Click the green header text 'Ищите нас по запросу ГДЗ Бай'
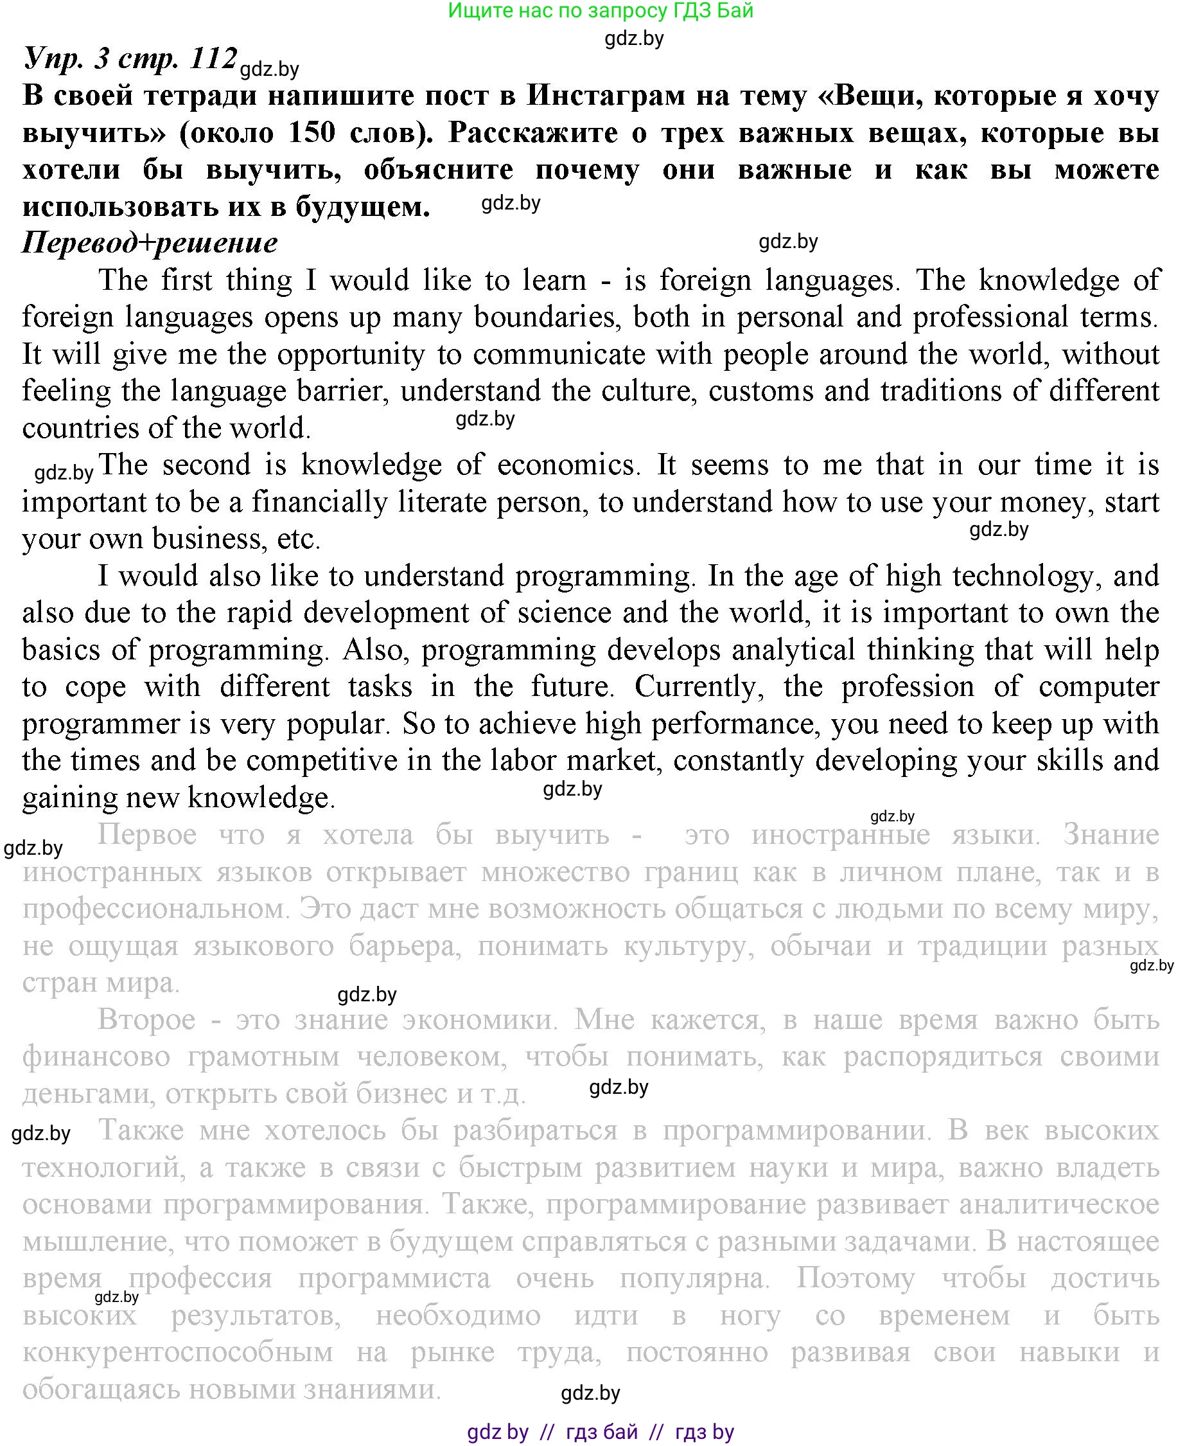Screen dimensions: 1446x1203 600,11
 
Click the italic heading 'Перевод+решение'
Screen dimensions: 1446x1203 150,242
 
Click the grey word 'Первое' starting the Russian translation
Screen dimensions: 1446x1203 147,835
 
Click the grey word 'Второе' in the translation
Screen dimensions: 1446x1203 146,1020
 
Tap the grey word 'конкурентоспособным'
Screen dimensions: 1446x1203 177,1353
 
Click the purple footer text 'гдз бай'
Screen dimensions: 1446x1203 601,1433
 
